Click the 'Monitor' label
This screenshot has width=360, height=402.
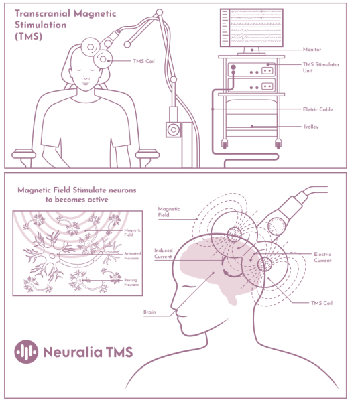point(312,49)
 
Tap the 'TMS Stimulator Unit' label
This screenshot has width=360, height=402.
point(320,68)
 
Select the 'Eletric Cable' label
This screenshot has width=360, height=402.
point(318,109)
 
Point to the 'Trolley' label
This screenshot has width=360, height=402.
point(311,127)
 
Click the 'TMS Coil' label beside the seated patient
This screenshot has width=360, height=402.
point(143,61)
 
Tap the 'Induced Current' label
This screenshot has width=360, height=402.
point(164,253)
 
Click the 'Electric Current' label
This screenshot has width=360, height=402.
point(322,257)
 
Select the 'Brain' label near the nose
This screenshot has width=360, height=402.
point(149,312)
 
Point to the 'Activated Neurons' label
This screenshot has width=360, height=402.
point(132,256)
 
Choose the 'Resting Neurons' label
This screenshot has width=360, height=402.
point(131,282)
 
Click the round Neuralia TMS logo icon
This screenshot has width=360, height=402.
point(26,352)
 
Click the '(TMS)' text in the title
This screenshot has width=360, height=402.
point(28,36)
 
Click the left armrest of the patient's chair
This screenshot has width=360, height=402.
point(23,154)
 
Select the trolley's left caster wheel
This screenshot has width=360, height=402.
point(225,144)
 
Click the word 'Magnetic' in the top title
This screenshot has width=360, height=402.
point(95,13)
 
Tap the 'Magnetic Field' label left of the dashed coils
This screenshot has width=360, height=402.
point(169,212)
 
